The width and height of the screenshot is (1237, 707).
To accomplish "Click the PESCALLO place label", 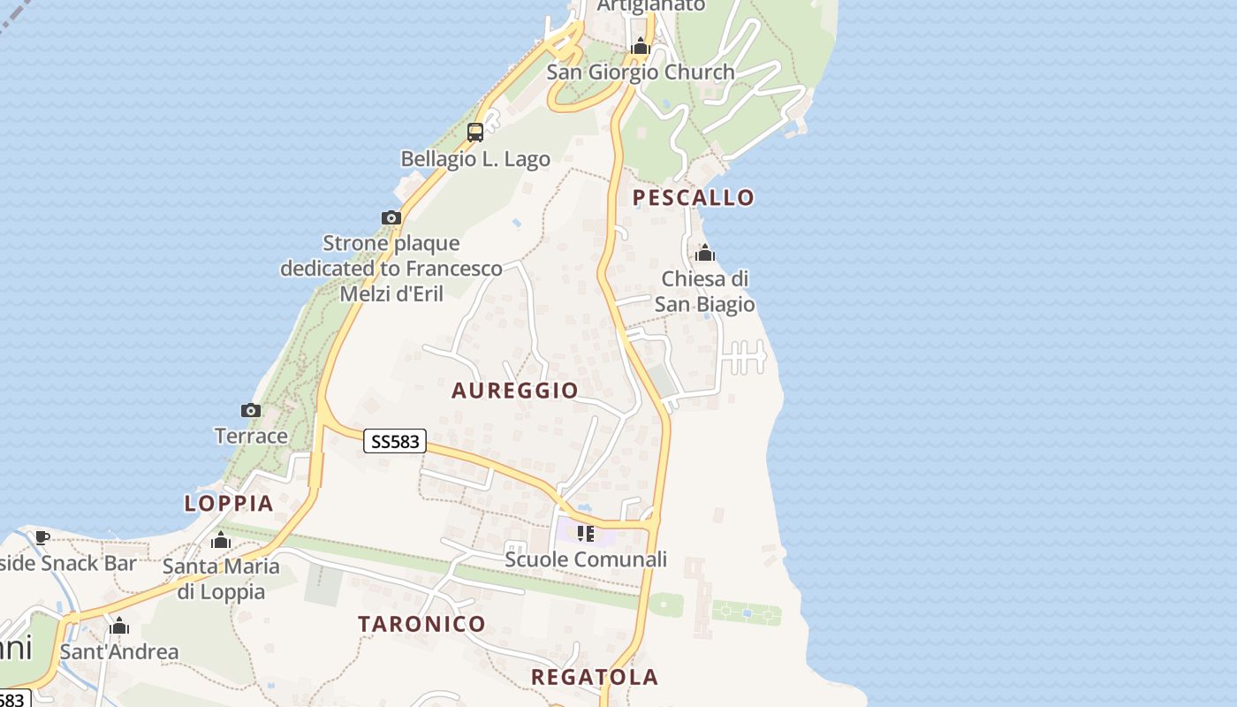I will pos(694,197).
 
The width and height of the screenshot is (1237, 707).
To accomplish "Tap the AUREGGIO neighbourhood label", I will pos(515,391).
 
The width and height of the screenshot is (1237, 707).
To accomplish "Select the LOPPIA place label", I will pos(229,504).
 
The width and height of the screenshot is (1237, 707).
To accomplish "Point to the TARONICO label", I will pos(421,624).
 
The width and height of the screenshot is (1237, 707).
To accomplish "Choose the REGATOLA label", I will pos(595,678).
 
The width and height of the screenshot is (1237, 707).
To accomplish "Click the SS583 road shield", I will pos(395,441).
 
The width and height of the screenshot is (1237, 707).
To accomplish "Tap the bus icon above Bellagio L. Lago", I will pos(475,133).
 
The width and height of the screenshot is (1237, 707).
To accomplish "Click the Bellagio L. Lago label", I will pos(475,160).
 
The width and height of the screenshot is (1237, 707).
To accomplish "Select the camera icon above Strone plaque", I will pos(391,217).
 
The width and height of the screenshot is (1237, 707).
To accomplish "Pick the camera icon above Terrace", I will pos(251,410).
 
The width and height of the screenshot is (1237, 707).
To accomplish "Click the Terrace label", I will pos(251,436).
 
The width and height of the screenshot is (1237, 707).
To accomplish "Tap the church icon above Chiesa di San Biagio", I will pos(705,254).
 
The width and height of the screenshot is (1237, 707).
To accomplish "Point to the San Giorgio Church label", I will pos(641,72).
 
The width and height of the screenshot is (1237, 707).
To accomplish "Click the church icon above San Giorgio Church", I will pos(641,46).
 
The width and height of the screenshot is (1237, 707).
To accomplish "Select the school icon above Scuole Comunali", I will pos(585,533).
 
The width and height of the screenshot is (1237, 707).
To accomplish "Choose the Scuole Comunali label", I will pos(586,559).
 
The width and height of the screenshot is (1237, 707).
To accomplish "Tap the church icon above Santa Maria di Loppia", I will pos(221,540).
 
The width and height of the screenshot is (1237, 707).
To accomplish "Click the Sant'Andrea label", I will pos(119,652).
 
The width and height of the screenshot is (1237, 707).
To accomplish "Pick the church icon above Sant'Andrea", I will pos(119,627).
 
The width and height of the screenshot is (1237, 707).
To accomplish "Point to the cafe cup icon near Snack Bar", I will pos(42,537).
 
